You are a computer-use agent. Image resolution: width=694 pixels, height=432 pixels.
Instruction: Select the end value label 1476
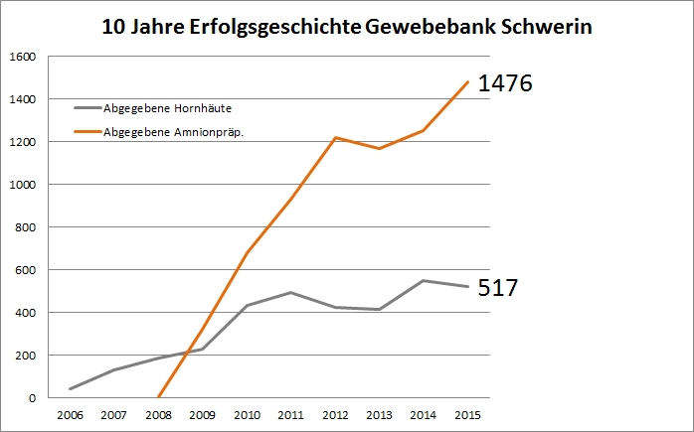coord(506,83)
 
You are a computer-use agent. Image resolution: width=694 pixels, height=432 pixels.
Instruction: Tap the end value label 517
coord(498,288)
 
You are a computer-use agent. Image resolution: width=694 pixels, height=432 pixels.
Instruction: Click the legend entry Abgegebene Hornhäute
coord(168,107)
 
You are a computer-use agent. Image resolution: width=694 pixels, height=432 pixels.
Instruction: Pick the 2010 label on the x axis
coord(247,414)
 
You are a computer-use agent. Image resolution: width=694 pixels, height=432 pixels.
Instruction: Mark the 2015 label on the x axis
coord(467,414)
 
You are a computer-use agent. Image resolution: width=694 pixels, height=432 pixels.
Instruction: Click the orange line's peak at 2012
coord(335,137)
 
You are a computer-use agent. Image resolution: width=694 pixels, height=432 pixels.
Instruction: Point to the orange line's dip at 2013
coord(379,149)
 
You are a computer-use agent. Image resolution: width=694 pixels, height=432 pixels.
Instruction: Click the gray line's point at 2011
coord(291,293)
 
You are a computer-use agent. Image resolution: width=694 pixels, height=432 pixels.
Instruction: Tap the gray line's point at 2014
coord(424,281)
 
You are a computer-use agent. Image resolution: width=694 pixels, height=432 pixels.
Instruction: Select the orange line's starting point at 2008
coord(159,397)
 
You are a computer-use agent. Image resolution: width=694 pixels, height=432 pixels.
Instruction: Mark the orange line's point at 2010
coord(247,252)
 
